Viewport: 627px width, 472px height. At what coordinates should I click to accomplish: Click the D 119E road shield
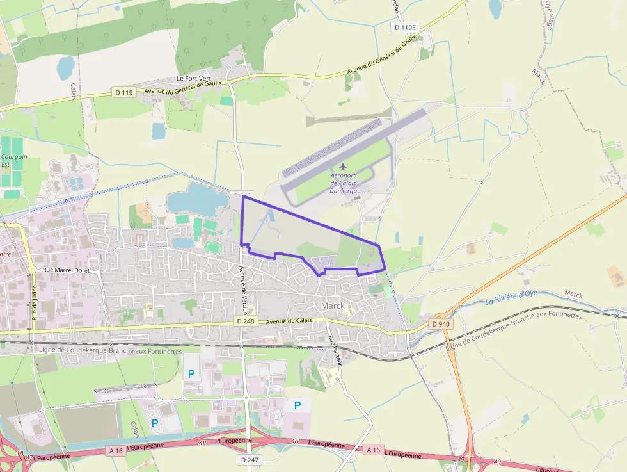[x=404, y=28]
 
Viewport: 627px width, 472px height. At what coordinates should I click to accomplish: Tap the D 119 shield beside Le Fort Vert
[x=124, y=93]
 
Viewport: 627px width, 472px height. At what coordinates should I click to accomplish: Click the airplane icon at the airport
[x=342, y=167]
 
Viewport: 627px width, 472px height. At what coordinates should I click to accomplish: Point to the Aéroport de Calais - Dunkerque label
[x=345, y=183]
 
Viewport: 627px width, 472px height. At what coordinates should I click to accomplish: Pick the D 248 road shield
[x=245, y=321]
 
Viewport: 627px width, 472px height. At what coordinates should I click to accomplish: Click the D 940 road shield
[x=441, y=324]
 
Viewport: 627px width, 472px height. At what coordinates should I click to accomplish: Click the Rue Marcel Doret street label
[x=71, y=270]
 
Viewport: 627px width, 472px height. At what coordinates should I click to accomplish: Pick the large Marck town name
[x=333, y=305]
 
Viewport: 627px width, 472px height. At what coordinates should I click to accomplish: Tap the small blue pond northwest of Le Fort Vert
[x=65, y=67]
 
